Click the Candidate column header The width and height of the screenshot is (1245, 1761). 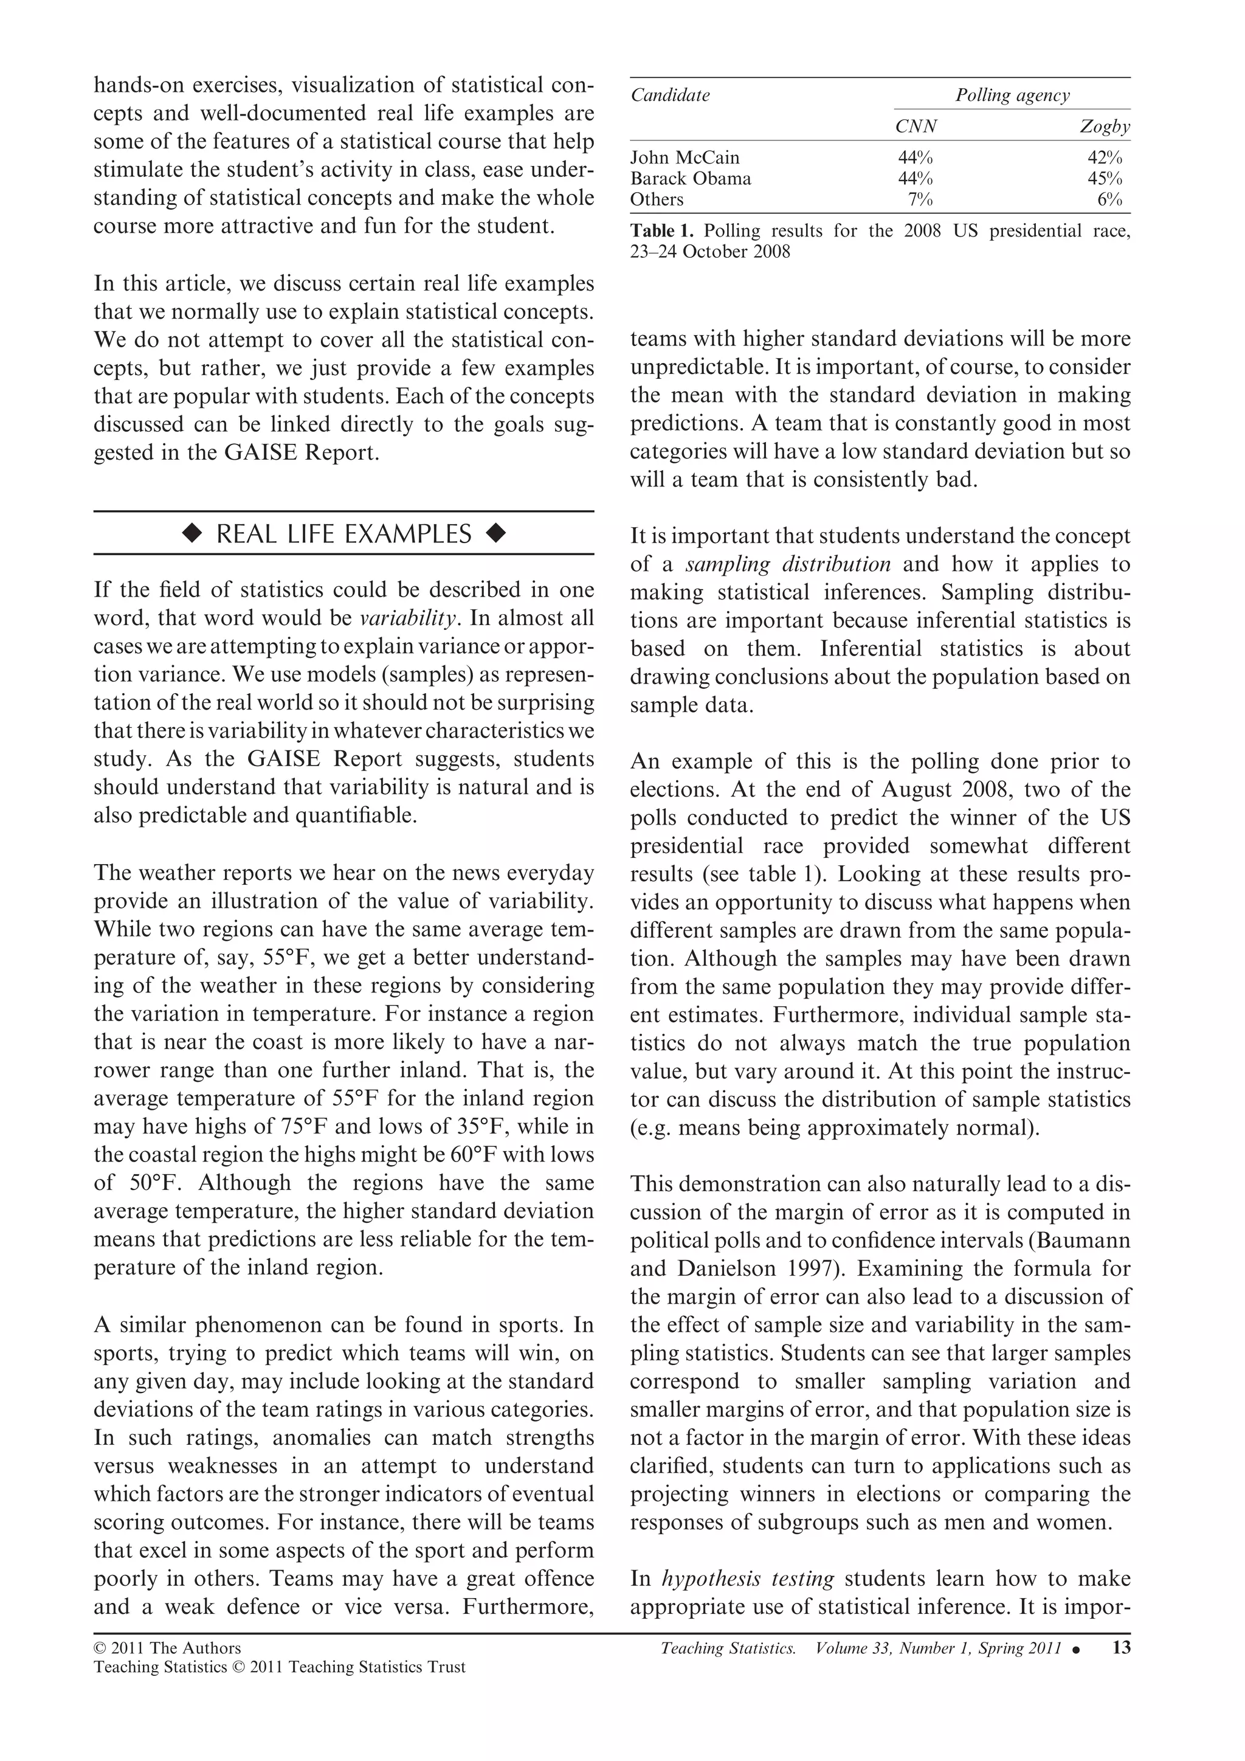coord(669,95)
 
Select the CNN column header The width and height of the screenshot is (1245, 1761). coord(916,126)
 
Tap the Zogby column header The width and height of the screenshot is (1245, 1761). coord(1104,126)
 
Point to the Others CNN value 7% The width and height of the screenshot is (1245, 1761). coord(920,199)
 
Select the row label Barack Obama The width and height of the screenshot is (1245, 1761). coord(690,179)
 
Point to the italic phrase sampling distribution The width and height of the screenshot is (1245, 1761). coord(787,564)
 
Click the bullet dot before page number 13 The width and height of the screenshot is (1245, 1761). coord(1077,1650)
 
